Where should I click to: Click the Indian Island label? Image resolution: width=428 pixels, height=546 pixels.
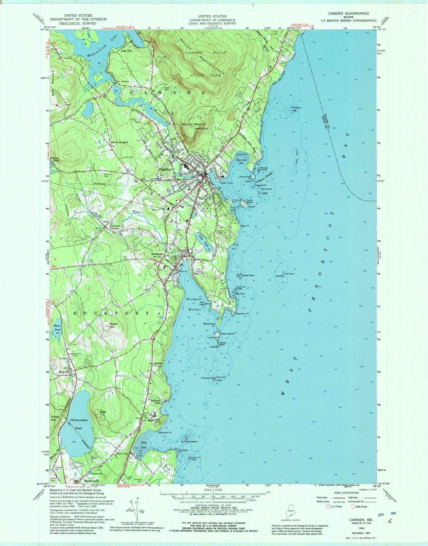(227, 334)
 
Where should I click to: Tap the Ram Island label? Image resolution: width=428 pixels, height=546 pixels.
(191, 442)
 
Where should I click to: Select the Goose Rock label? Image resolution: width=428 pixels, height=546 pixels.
(248, 276)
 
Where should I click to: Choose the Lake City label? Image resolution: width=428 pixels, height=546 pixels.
(126, 51)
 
